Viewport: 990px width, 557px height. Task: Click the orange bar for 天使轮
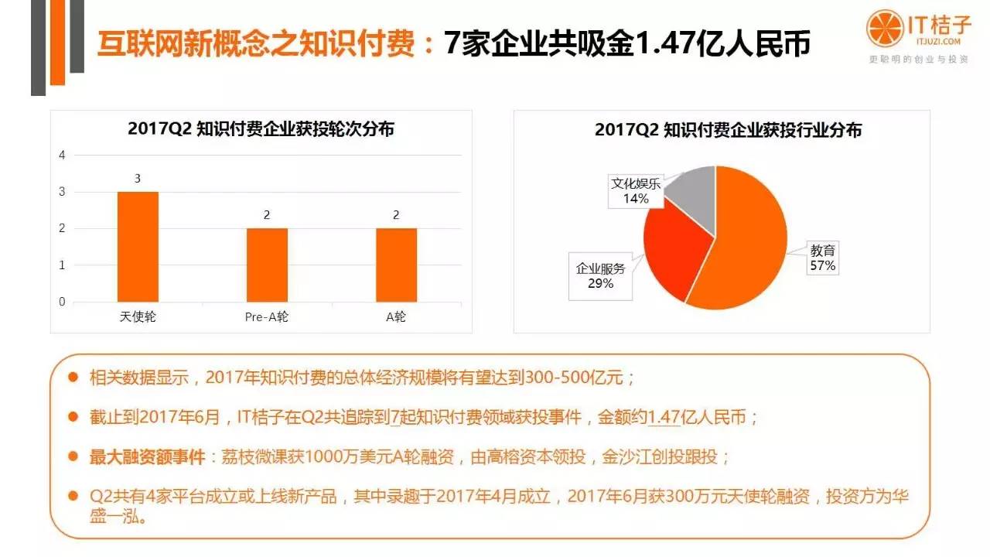coord(138,247)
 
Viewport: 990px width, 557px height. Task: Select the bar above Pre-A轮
coord(267,265)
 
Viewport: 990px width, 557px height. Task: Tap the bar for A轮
coord(396,265)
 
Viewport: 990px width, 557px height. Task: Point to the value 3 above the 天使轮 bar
coord(138,179)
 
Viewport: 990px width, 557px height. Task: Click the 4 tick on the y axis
coord(62,155)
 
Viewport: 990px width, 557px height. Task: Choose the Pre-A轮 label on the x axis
coord(267,316)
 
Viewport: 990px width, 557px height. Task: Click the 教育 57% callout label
coord(823,258)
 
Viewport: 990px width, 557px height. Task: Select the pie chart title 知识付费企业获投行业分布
coord(728,130)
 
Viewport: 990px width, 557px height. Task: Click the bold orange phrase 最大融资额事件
coord(146,456)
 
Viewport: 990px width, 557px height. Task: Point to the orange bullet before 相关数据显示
coord(73,378)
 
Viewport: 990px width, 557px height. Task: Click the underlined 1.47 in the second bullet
coord(664,417)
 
